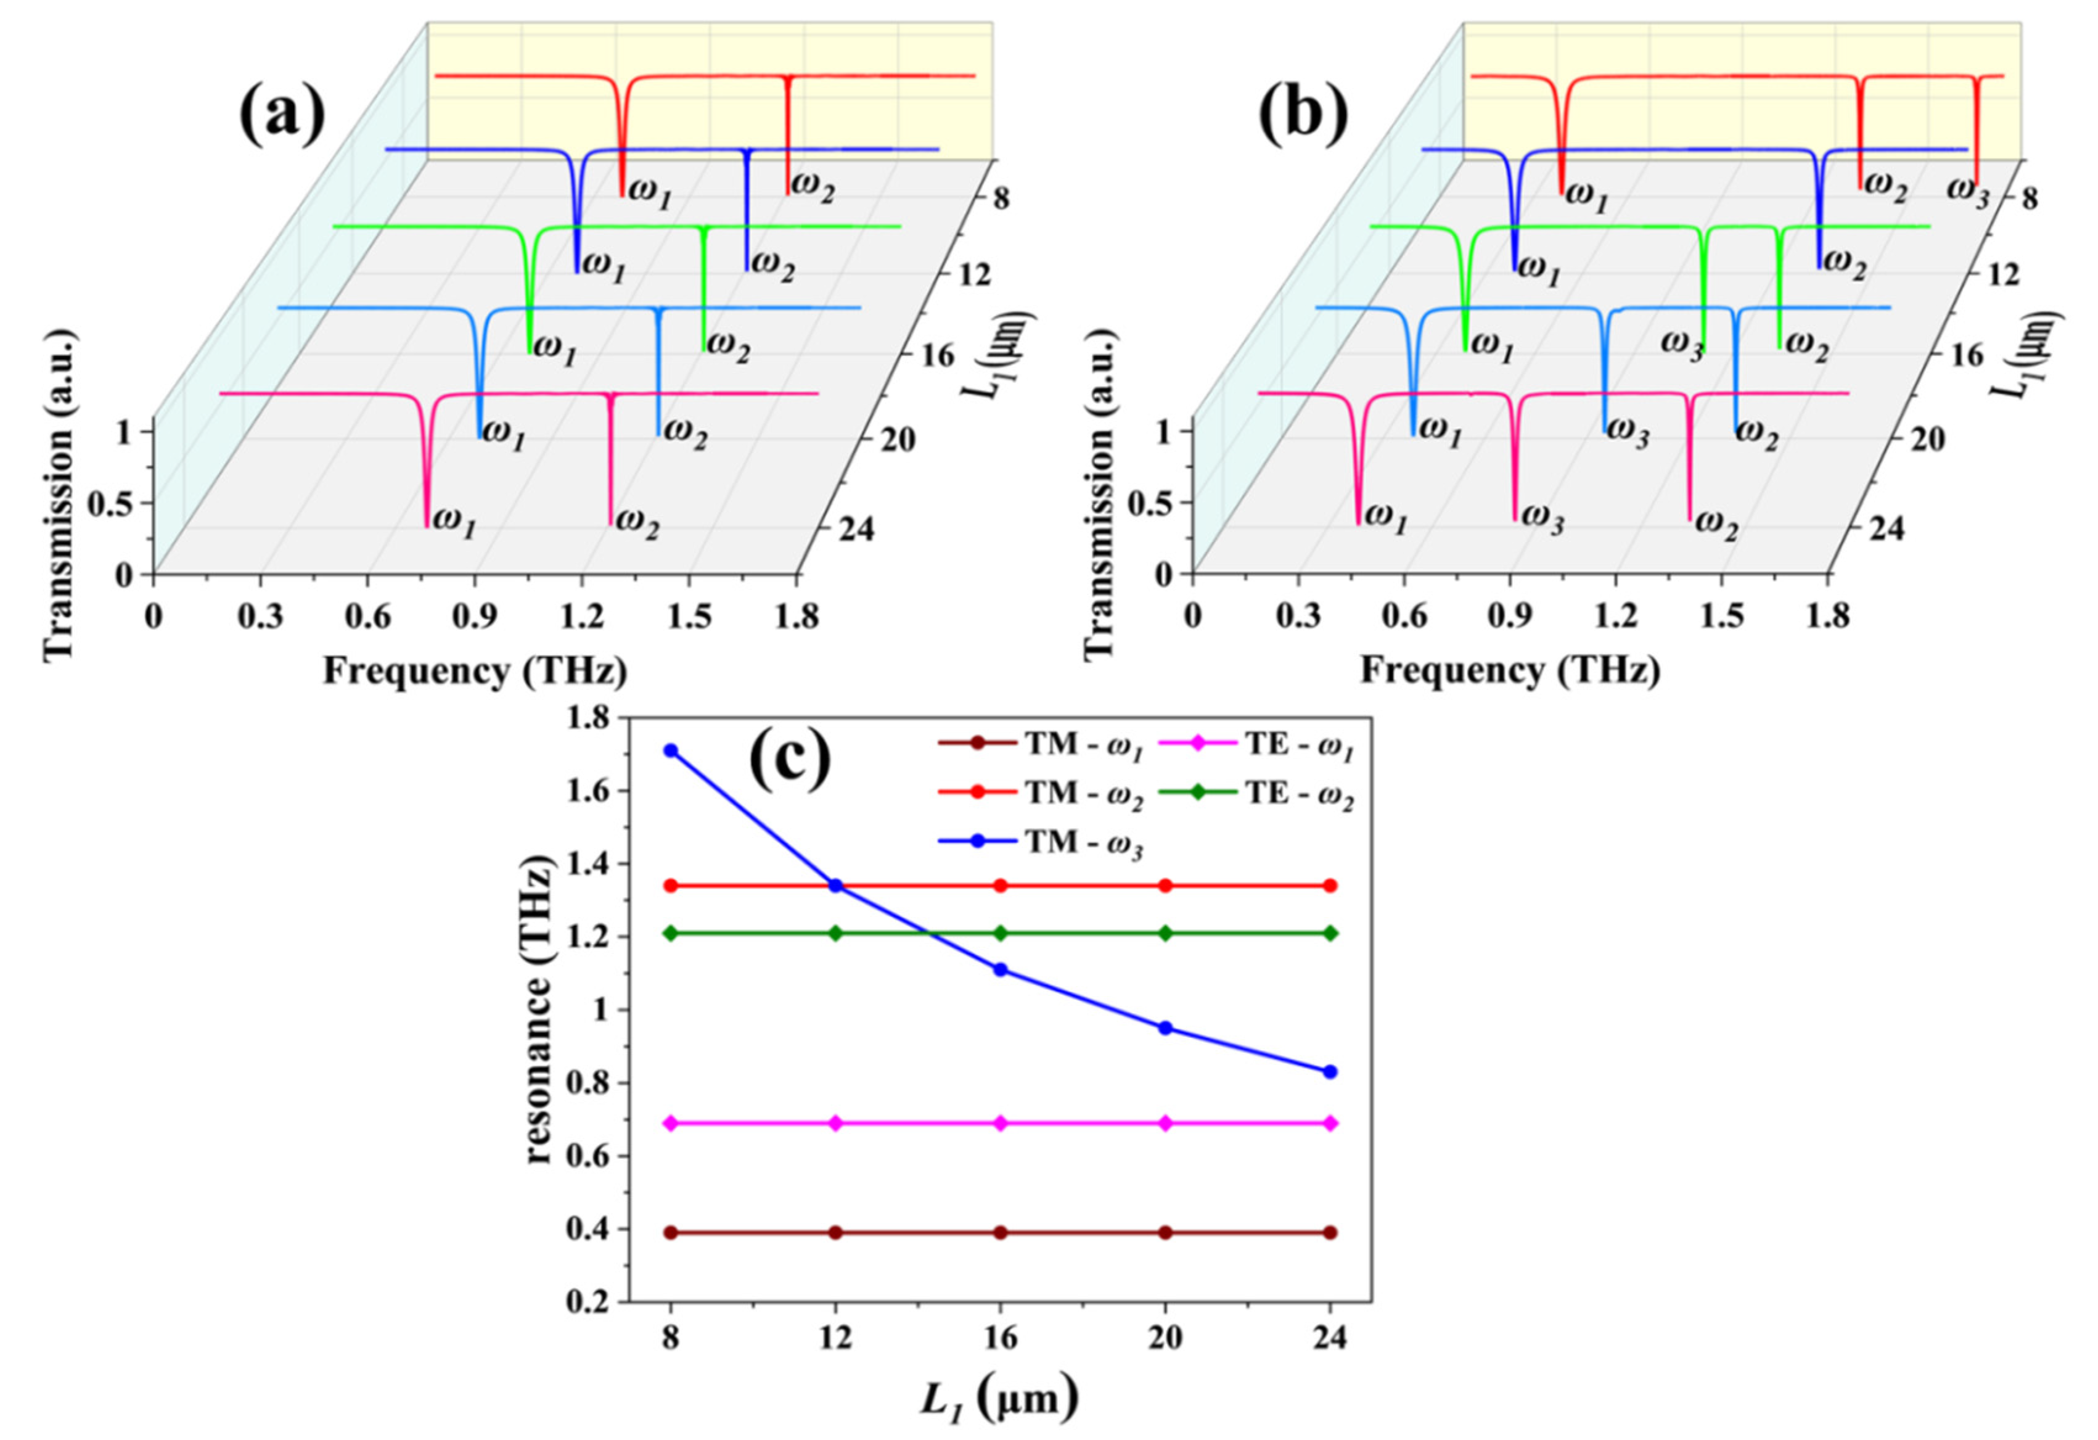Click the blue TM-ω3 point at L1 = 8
[670, 751]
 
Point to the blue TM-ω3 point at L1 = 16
[1000, 969]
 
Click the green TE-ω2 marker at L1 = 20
[1165, 932]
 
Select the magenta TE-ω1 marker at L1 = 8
[670, 1123]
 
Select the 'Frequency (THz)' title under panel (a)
[475, 671]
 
